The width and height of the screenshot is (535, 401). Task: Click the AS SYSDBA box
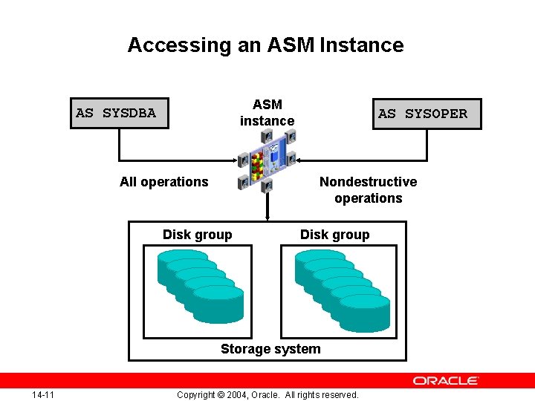click(x=119, y=114)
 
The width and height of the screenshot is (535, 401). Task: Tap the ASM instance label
click(x=267, y=113)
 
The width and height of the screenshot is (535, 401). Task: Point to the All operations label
click(x=164, y=182)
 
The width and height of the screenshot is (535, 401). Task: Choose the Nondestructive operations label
click(x=368, y=190)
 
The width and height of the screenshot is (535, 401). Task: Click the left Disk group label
click(x=197, y=235)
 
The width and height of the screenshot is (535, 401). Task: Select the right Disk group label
click(x=334, y=235)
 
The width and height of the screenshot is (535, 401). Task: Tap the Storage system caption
click(x=270, y=349)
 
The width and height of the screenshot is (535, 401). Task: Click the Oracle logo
click(x=446, y=381)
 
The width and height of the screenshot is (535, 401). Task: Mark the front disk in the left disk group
click(x=218, y=303)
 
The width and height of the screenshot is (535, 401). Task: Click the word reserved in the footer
click(x=338, y=395)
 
